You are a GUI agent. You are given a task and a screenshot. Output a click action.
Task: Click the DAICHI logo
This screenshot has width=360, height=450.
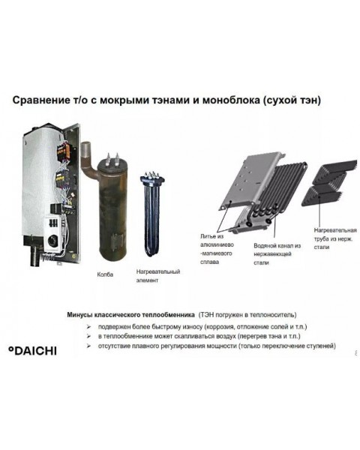tap(32, 350)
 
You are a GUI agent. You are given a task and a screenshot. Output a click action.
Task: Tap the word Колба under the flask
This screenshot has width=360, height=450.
tap(105, 274)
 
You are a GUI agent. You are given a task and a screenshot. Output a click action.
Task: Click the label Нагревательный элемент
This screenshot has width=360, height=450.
tap(158, 276)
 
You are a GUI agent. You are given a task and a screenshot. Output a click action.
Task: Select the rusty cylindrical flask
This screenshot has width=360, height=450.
tap(112, 208)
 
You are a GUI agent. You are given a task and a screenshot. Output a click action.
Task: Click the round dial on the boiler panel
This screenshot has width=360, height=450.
tap(52, 240)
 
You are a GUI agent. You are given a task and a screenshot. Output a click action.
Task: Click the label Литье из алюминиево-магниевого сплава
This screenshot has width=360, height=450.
tap(217, 249)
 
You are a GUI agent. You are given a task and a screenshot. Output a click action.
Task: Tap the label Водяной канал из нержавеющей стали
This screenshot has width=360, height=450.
tap(277, 254)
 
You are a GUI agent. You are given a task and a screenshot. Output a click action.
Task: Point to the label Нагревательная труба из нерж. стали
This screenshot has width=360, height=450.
tap(335, 238)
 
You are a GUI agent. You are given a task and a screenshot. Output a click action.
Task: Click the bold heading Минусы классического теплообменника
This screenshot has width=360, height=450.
tap(130, 315)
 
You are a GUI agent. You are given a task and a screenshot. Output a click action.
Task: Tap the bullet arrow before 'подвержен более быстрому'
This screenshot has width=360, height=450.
tap(88, 327)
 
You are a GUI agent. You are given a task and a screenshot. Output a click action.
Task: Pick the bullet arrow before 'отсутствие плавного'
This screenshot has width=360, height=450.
tap(88, 346)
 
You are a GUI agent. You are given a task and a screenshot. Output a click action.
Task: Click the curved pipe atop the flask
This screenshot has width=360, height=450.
tap(88, 160)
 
